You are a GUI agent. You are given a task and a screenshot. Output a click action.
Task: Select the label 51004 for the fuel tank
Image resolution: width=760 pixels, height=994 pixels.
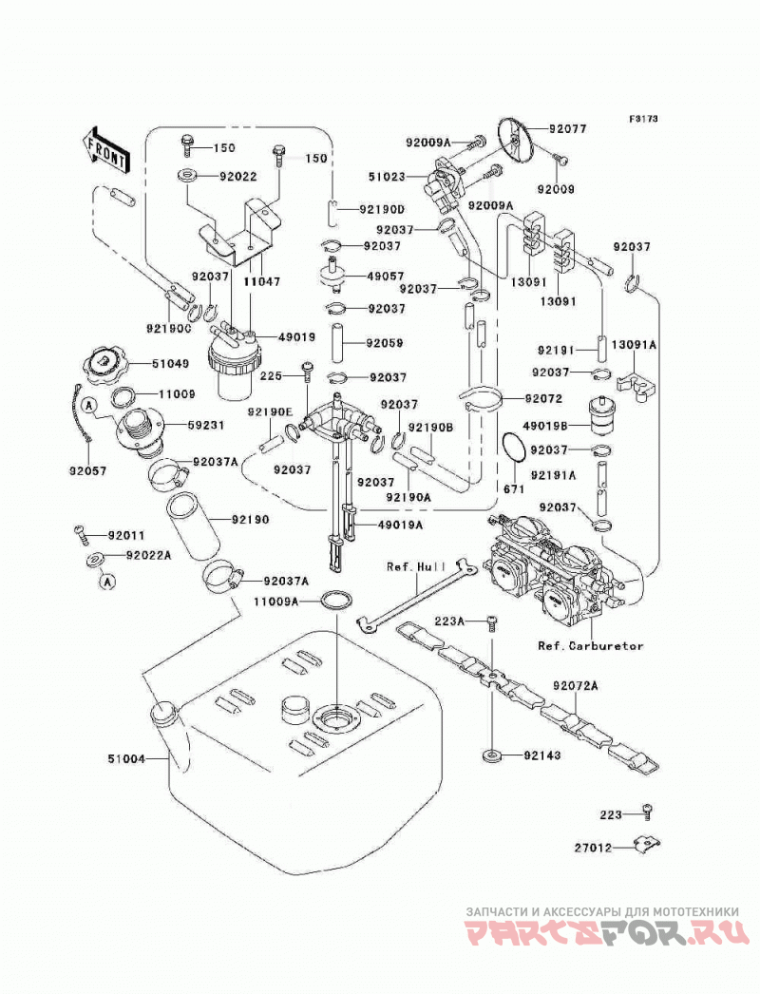pos(126,758)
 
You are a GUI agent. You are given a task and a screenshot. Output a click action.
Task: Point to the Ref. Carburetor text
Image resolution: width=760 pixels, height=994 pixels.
pos(591,646)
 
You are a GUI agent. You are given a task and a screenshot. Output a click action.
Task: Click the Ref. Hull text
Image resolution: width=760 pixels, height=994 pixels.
pos(416,566)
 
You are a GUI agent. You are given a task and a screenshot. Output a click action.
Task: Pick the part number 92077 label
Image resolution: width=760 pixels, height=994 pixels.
pos(568,128)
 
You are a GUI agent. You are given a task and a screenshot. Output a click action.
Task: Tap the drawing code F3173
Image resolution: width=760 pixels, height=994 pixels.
pos(643,119)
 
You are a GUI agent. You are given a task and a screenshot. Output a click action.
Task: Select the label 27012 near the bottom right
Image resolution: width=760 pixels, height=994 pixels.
pos(594,848)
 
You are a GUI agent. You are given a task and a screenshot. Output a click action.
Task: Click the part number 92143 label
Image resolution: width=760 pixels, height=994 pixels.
pos(542,755)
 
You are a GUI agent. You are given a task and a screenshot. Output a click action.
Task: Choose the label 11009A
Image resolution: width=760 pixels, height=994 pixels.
pos(275,601)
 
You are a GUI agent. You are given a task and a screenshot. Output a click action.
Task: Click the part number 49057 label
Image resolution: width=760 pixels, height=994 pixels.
pos(386,276)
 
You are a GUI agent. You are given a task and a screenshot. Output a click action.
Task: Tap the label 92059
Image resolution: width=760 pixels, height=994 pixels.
pos(385,343)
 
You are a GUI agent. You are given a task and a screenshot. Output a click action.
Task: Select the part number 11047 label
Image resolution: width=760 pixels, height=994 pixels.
pos(261,281)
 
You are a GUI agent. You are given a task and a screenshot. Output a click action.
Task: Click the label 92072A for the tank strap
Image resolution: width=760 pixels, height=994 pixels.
pos(576,685)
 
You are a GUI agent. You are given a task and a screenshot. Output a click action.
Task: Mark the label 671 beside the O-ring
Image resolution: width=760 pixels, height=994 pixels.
pos(514,488)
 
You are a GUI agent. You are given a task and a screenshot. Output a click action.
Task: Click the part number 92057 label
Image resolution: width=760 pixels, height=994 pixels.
pos(88,471)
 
